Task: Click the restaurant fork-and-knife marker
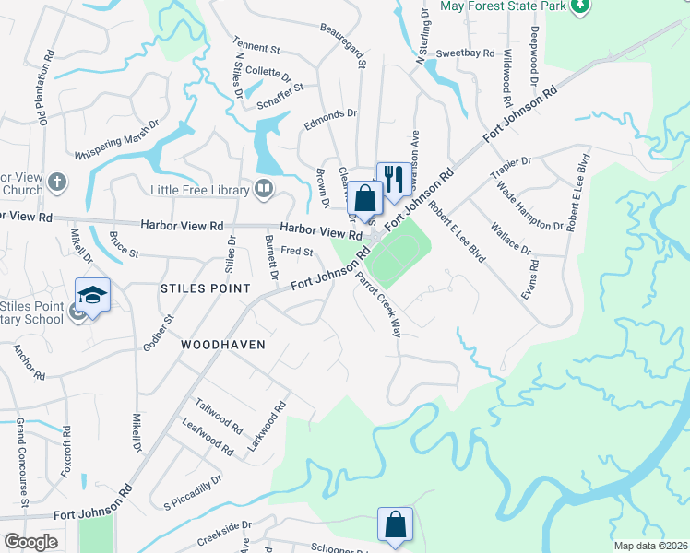click(394, 179)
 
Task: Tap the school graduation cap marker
click(92, 295)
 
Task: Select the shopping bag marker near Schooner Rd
click(395, 524)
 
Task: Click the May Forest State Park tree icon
click(579, 6)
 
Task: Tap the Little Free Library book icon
click(265, 190)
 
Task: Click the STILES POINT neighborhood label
click(205, 288)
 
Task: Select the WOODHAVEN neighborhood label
click(223, 345)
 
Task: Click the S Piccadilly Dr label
click(193, 493)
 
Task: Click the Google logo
click(30, 542)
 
